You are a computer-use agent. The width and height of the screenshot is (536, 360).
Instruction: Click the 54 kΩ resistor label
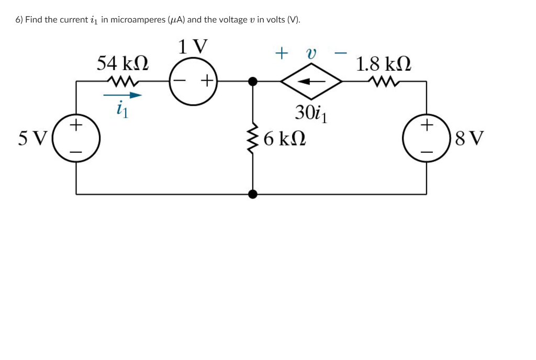coord(122,64)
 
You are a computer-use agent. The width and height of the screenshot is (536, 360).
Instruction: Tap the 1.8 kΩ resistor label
coord(383,64)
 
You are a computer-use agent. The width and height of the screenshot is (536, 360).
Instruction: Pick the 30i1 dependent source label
coord(311,113)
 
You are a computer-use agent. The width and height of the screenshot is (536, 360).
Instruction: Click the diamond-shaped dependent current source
coord(311,81)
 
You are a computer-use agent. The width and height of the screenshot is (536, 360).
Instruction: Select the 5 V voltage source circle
coord(76,138)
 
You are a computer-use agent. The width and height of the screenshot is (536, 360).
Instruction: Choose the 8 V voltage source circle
coord(426,138)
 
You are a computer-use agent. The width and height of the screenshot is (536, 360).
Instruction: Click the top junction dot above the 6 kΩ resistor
coord(253,81)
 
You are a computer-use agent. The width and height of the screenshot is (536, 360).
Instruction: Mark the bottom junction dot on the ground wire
coord(253,194)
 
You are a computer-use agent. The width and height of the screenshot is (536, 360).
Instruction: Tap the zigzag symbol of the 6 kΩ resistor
coord(253,139)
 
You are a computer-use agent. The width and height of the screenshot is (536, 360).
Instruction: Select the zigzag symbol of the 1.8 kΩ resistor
coord(383,81)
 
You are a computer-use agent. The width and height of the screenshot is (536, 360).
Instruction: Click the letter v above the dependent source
coord(311,53)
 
